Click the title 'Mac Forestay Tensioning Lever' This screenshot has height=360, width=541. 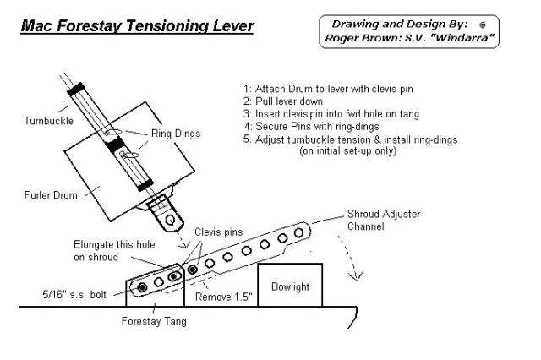[137, 26]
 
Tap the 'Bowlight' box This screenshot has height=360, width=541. [290, 285]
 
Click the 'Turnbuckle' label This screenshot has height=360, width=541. [49, 121]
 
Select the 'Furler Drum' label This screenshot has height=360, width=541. [51, 195]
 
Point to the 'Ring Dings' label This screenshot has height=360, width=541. [176, 134]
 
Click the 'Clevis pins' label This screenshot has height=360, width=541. [218, 232]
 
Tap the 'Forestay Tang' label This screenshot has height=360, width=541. [154, 321]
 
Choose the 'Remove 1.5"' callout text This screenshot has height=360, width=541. [223, 297]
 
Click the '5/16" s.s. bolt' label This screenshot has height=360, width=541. [74, 294]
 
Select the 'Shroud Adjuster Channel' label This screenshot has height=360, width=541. [384, 220]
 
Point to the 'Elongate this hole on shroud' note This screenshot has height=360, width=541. [114, 251]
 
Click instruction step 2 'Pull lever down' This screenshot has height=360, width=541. [283, 101]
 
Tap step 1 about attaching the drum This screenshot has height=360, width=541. [328, 89]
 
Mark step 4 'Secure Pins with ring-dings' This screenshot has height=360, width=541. [311, 127]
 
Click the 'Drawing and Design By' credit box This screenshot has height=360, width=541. [409, 31]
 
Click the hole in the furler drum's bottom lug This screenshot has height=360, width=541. [170, 220]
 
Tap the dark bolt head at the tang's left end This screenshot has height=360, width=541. [142, 287]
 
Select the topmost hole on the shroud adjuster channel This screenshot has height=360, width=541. [298, 232]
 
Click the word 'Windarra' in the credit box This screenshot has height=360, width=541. [462, 37]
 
